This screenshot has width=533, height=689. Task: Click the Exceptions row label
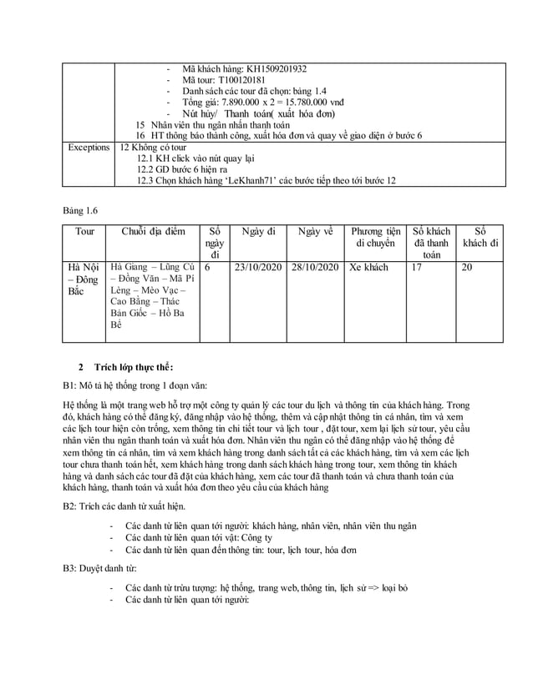point(89,147)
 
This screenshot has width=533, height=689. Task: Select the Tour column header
point(84,231)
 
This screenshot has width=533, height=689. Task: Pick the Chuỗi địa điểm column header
point(153,231)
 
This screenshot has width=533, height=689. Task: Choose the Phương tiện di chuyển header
point(374,237)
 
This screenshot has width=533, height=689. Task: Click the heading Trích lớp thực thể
point(135,367)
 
